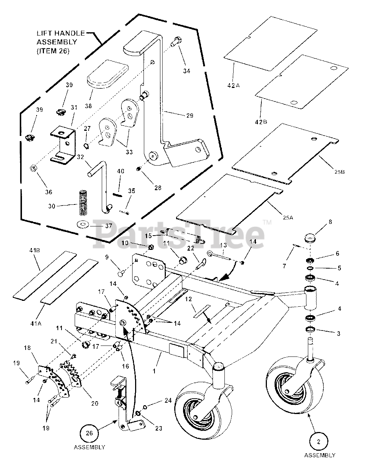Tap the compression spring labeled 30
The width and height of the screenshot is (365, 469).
click(82, 203)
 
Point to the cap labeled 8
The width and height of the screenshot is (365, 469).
click(310, 239)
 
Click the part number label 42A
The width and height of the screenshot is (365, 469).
click(234, 86)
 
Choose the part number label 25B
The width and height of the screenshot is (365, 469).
click(340, 172)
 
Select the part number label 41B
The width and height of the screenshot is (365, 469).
click(35, 251)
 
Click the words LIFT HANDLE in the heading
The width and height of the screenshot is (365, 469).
click(61, 33)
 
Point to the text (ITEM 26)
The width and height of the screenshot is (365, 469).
click(53, 51)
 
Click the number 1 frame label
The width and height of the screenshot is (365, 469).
click(154, 371)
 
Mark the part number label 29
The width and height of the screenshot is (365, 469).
click(190, 116)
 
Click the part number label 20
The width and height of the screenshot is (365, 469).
click(95, 403)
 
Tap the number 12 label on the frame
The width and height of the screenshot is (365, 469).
click(188, 299)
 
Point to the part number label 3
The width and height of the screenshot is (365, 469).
click(338, 333)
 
